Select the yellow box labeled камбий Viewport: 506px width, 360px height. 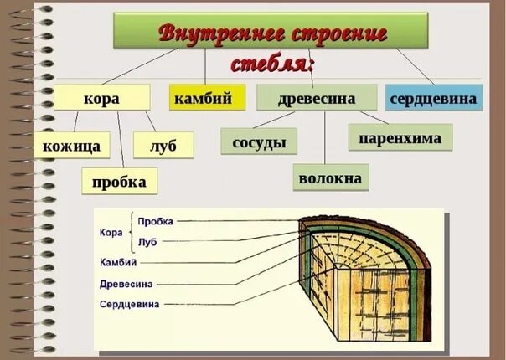[207, 98]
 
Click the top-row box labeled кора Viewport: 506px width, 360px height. [101, 98]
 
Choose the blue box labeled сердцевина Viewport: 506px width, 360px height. [434, 98]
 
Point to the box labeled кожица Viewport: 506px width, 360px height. [72, 147]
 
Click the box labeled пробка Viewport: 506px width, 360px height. [120, 181]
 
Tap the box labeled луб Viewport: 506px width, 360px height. [163, 146]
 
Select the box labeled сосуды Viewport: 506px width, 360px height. [259, 141]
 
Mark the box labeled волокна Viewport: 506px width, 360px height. [329, 177]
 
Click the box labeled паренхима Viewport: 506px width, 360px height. [400, 138]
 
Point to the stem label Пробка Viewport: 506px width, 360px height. [155, 222]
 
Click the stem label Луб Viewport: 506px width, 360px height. [147, 241]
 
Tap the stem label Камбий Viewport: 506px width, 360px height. [117, 262]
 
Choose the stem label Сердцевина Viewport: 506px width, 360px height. [129, 305]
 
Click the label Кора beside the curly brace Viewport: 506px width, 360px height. [111, 232]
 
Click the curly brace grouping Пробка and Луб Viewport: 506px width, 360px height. [132, 231]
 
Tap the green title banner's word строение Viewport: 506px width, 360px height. [338, 34]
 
